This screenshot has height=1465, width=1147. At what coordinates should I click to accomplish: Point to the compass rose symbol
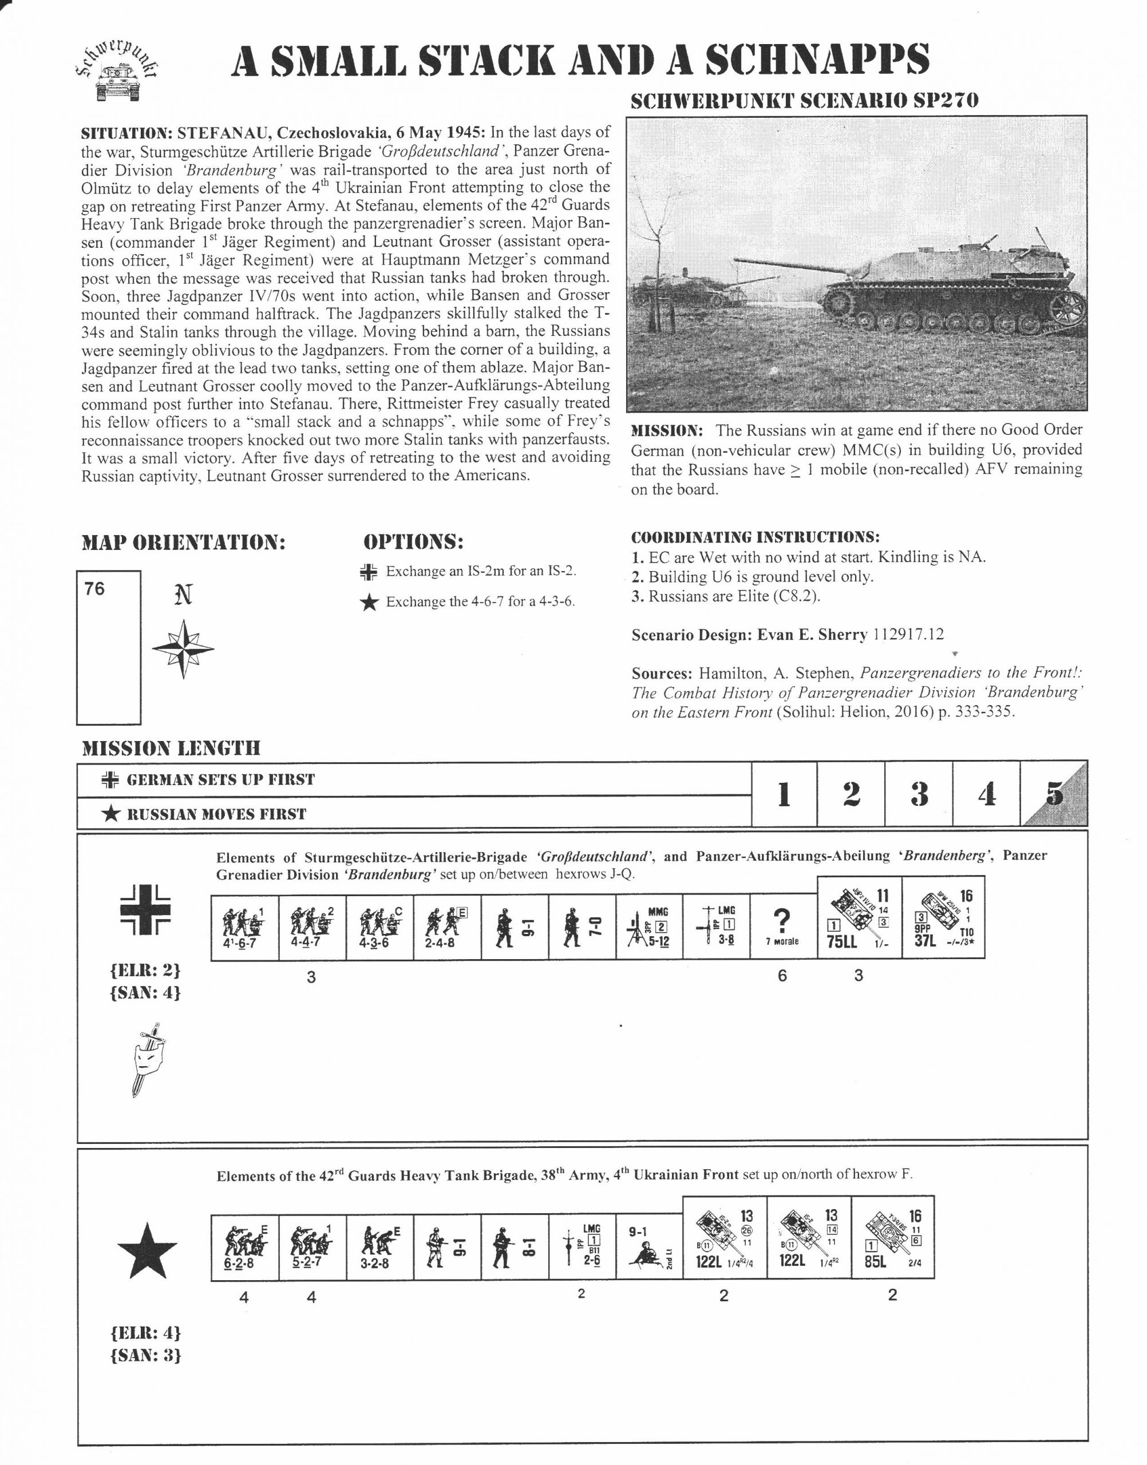click(183, 648)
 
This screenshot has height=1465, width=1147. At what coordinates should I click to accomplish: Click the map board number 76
click(94, 589)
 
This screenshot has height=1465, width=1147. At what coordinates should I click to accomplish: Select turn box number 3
click(919, 794)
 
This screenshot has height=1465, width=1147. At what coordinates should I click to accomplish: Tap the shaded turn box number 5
click(1054, 794)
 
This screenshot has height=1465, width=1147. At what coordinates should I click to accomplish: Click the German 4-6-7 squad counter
click(244, 927)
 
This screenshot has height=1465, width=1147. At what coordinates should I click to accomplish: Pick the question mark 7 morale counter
click(783, 927)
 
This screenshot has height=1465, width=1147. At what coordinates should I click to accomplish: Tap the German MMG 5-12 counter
click(648, 927)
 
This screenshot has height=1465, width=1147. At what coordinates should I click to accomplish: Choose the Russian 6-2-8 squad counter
click(244, 1247)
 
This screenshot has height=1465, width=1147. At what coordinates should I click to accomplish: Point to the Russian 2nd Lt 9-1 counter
click(648, 1247)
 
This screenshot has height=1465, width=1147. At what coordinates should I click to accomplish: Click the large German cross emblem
click(145, 911)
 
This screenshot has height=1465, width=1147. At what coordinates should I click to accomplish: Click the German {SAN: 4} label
click(145, 992)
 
